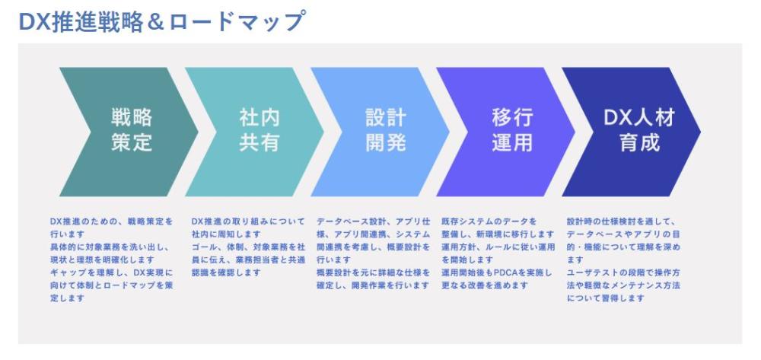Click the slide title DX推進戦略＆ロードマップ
(x=163, y=22)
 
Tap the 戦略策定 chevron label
(x=132, y=129)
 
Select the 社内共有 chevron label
(x=260, y=129)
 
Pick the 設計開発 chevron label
(x=386, y=129)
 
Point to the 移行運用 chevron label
(x=512, y=129)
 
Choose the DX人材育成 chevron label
(x=639, y=129)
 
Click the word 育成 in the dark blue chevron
(x=640, y=142)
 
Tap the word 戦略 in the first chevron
(x=132, y=117)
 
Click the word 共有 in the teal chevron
(x=260, y=142)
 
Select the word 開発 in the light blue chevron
(x=386, y=142)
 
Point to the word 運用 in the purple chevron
(x=512, y=142)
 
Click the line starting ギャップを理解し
(x=111, y=272)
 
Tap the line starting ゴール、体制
(x=249, y=247)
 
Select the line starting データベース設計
(x=373, y=221)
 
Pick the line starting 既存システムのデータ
(x=489, y=221)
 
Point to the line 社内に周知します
(x=226, y=234)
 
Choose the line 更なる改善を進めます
(x=484, y=285)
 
